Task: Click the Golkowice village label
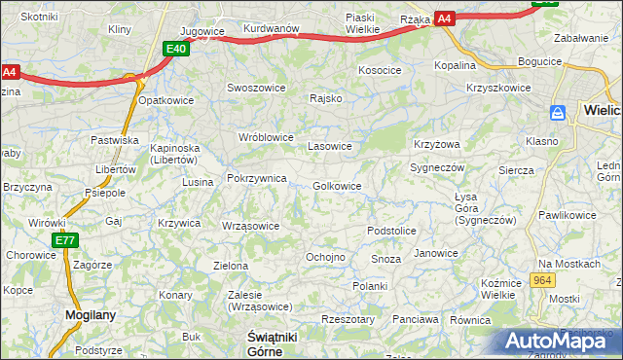coord(338,186)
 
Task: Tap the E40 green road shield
coord(176,49)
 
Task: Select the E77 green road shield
coord(65,240)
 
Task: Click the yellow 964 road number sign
coord(543,280)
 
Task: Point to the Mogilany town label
coord(91,314)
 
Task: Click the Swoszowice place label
coord(255,87)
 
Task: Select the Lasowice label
coord(329,146)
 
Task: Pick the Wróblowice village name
coord(266,137)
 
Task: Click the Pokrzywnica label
coord(256,178)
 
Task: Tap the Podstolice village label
coord(391,231)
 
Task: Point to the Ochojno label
coord(325,257)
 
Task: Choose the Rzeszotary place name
coord(348,318)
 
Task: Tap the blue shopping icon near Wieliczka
coord(559,113)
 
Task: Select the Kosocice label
coord(380,70)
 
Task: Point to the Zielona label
coord(231,265)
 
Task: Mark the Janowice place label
coord(435,253)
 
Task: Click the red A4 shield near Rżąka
coord(444,18)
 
